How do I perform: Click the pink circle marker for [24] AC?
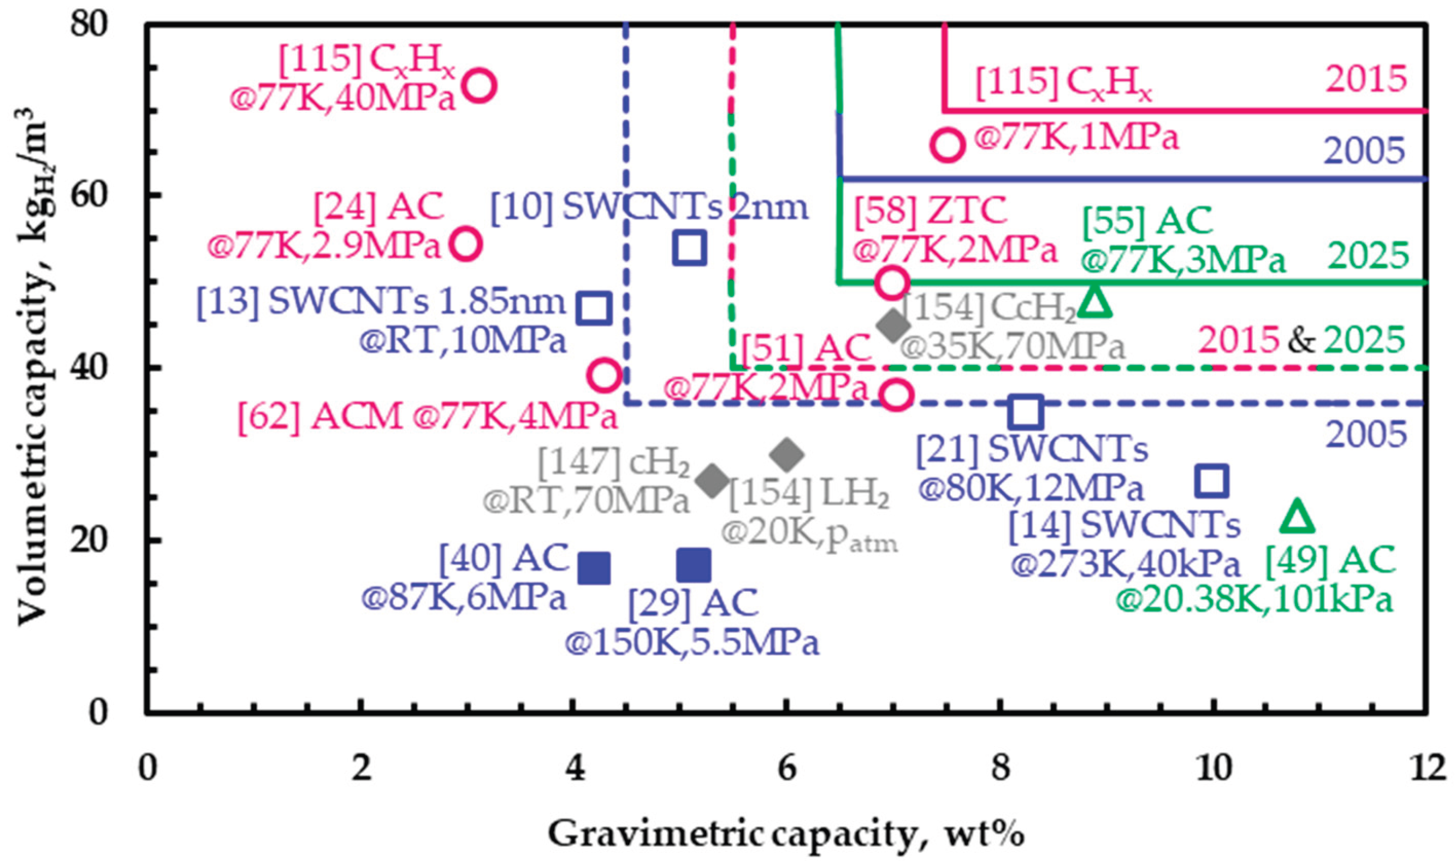[466, 244]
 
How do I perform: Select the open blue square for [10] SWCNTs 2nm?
[690, 247]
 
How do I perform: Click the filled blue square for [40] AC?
[594, 567]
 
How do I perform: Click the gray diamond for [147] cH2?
[712, 482]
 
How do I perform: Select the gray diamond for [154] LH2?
[786, 455]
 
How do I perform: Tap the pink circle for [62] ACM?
[605, 375]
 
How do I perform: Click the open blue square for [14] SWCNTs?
[1211, 482]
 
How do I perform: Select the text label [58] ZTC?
[931, 211]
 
